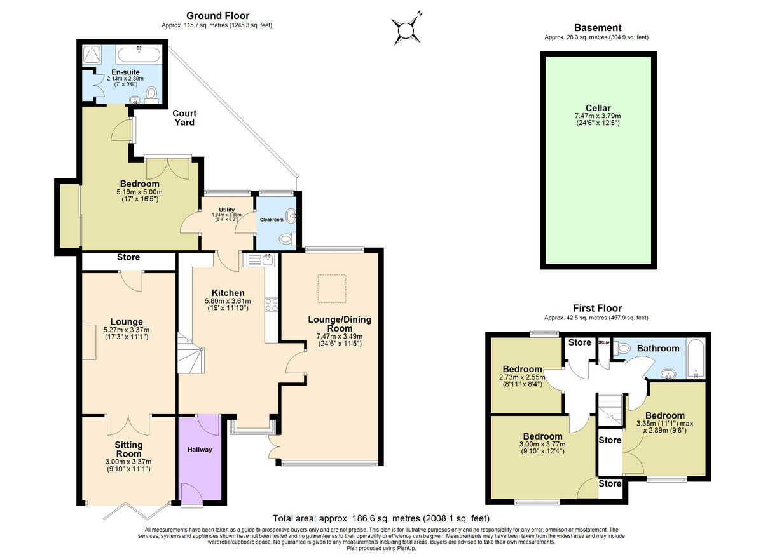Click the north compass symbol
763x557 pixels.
coord(406,29)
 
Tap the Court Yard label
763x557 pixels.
coord(185,117)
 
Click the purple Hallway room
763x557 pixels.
coord(200,457)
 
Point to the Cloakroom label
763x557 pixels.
coord(272,220)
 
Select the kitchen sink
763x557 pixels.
coord(260,258)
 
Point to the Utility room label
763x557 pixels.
coord(227,210)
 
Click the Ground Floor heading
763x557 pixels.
coord(217,16)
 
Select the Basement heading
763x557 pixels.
coord(597,28)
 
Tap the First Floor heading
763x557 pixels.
coord(596,309)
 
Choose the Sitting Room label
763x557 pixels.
coord(128,449)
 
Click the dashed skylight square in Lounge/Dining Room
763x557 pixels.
coord(331,284)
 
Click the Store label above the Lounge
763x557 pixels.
coord(128,258)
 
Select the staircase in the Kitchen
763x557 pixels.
coord(190,356)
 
